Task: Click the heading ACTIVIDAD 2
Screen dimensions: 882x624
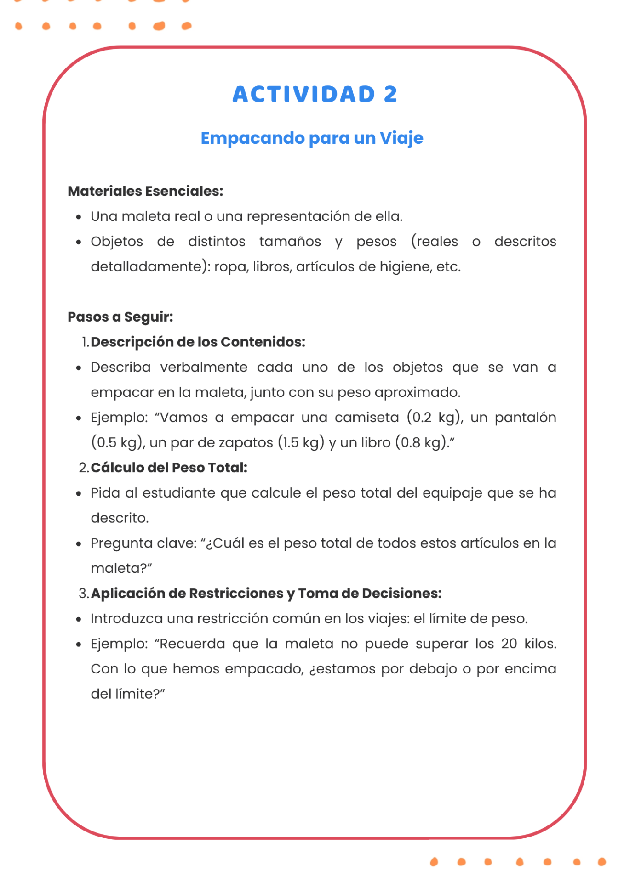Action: pos(315,94)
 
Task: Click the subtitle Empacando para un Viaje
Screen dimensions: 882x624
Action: pos(312,138)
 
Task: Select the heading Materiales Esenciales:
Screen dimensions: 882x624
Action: pos(145,191)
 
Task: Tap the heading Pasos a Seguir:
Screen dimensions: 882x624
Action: pos(120,317)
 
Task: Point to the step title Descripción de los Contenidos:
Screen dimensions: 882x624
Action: pos(198,342)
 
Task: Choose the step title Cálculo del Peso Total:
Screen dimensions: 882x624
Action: pos(169,468)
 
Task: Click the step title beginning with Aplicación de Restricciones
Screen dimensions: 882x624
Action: pos(266,593)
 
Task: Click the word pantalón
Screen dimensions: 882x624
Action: pos(525,417)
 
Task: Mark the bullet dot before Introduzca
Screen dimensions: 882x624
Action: pos(79,619)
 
